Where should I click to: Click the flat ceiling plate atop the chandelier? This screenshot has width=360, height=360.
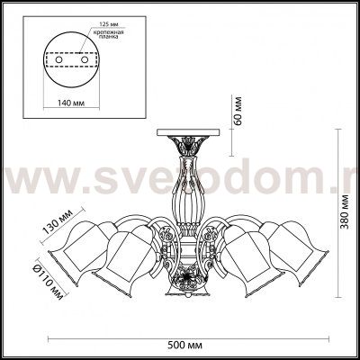tap(184, 132)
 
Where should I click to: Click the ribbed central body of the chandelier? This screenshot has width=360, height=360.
tap(186, 184)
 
